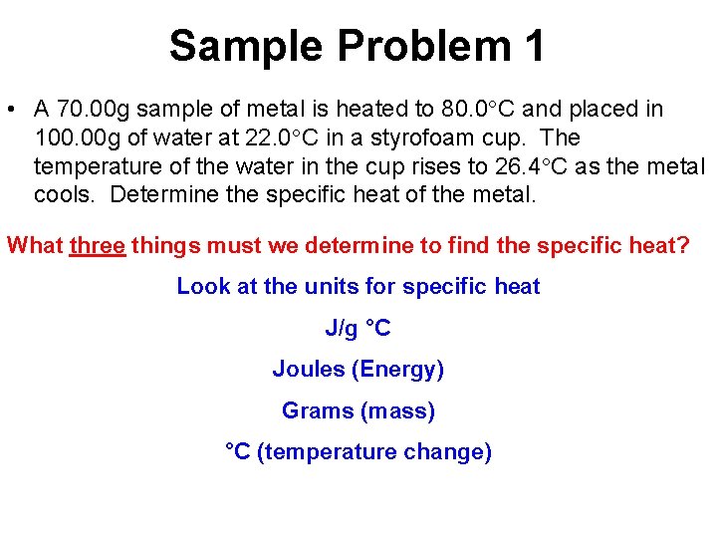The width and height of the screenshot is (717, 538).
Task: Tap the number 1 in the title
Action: click(532, 46)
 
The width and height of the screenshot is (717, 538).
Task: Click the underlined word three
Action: click(98, 245)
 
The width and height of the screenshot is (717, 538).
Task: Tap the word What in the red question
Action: click(35, 245)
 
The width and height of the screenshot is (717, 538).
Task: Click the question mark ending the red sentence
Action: click(682, 245)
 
